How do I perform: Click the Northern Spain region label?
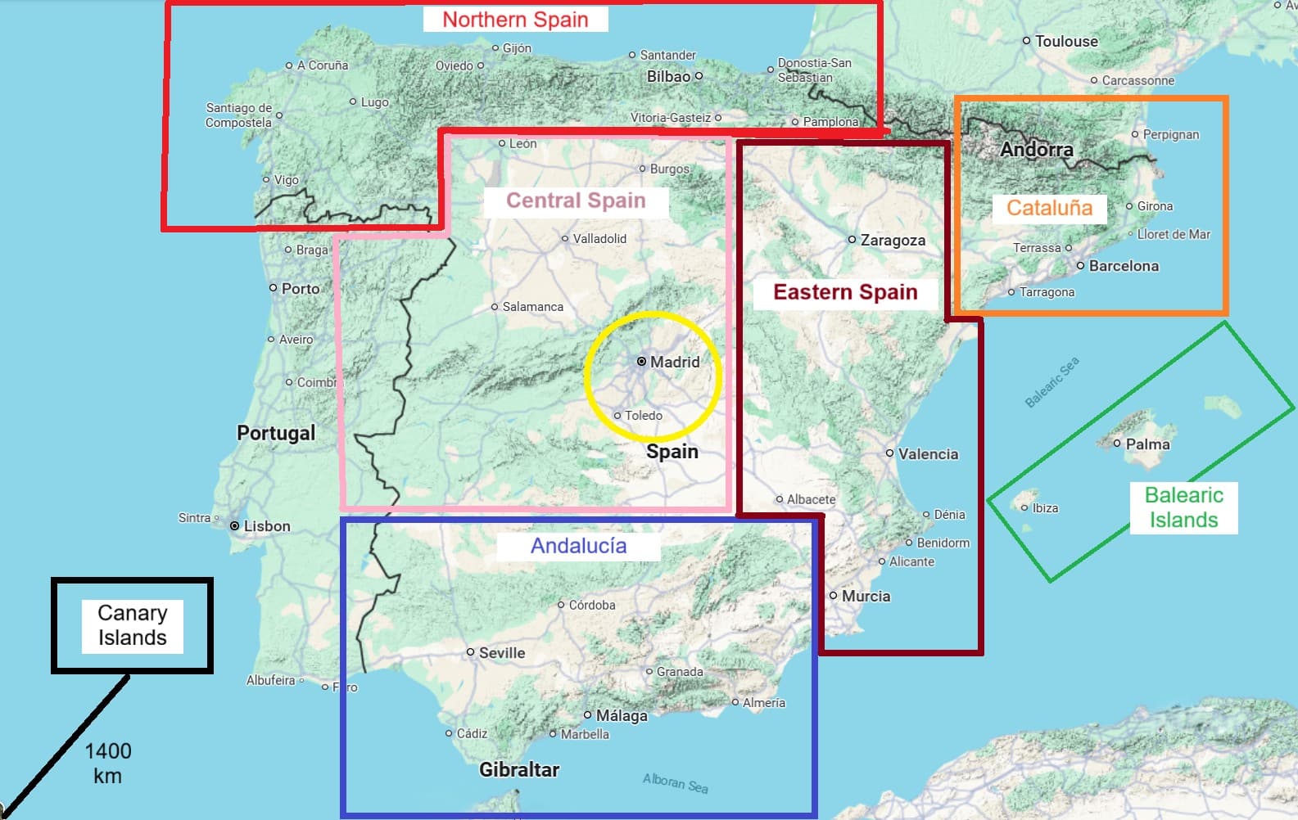(x=515, y=20)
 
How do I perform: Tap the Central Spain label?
(x=576, y=200)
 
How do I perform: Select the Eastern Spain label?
(x=845, y=292)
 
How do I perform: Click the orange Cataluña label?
(x=1049, y=208)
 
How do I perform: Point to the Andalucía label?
(x=578, y=546)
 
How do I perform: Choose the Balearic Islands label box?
(x=1183, y=507)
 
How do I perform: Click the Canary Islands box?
(x=132, y=625)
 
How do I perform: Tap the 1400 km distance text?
(x=108, y=763)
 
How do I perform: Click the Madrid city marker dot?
(x=642, y=362)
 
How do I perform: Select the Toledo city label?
(x=643, y=416)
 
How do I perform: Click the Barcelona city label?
(x=1123, y=266)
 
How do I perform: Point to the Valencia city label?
(x=927, y=454)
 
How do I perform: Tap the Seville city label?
(x=501, y=653)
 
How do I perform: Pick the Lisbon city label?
(x=266, y=526)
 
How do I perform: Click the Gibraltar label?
(x=519, y=770)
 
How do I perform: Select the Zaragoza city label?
(x=892, y=241)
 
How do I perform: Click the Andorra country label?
(x=1036, y=150)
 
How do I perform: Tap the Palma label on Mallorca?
(x=1146, y=444)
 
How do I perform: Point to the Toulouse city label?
(x=1065, y=41)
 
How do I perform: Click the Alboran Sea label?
(x=675, y=783)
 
